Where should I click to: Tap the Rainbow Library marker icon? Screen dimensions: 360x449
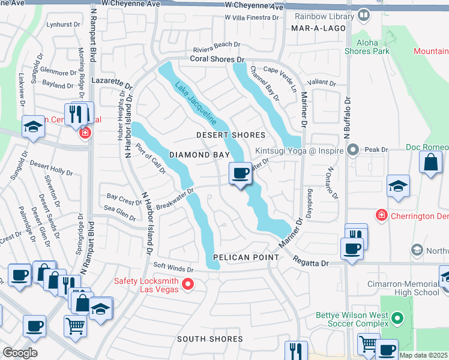[x=363, y=14]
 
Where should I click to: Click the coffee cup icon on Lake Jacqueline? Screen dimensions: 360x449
[x=241, y=173]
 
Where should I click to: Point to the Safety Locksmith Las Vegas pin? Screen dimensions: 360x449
[x=188, y=284]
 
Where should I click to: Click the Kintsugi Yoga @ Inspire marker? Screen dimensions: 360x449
[x=354, y=149]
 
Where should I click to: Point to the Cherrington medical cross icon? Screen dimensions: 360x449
[x=381, y=215]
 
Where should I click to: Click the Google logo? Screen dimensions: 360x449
[x=19, y=352]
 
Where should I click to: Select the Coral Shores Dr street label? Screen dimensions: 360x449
[x=218, y=59]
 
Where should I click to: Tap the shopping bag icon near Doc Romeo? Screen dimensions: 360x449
[x=431, y=162]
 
